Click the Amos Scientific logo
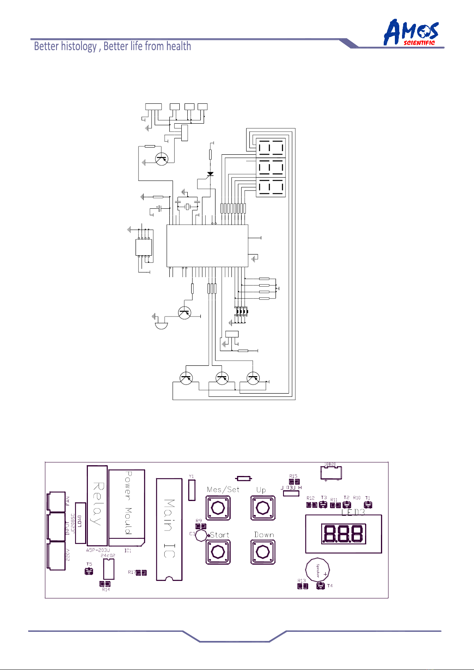coord(411,33)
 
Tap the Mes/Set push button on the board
coord(218,508)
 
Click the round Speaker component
coord(318,571)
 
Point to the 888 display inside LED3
coord(344,534)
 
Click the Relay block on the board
coord(97,505)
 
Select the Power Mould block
coord(127,503)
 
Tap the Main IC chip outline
coord(169,529)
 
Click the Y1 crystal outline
coord(192,490)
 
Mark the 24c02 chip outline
coord(109,569)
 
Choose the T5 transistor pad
coord(89,571)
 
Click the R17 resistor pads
coord(141,573)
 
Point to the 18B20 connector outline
coord(331,472)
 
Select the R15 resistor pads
coord(294,482)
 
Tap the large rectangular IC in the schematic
coord(207,245)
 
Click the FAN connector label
coord(68,501)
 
